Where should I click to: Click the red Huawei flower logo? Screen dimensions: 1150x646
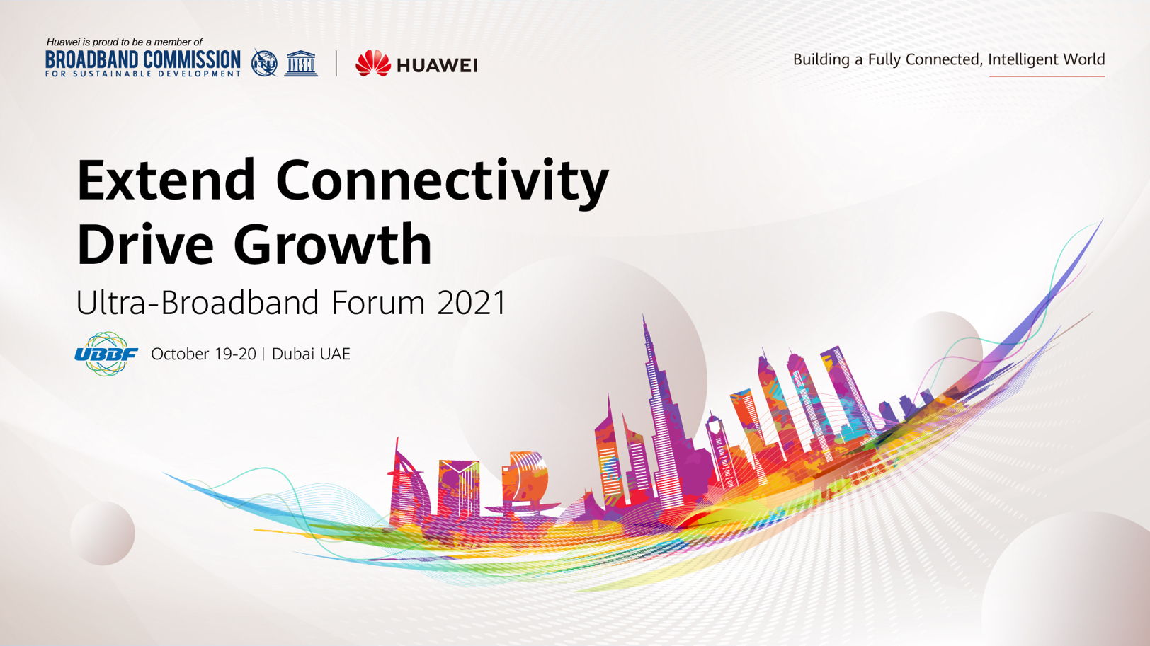point(373,63)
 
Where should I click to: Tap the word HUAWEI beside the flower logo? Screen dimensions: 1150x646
point(437,65)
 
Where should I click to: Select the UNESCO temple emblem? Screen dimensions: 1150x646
point(301,64)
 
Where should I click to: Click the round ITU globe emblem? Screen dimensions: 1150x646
point(264,64)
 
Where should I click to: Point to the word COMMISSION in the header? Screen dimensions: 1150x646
point(191,59)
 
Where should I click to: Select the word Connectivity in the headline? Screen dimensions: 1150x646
point(442,184)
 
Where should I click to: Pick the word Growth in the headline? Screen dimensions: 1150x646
point(333,243)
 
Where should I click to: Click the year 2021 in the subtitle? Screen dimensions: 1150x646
point(472,303)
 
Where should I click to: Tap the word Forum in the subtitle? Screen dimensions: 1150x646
point(378,303)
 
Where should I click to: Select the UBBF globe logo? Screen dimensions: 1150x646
point(106,354)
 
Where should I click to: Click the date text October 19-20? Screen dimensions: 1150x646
point(203,354)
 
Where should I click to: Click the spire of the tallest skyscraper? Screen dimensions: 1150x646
point(644,328)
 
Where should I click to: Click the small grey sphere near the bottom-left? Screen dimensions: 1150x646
point(103,533)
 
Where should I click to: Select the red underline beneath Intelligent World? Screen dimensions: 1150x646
point(1047,76)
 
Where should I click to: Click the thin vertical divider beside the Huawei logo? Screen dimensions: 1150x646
point(336,64)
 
